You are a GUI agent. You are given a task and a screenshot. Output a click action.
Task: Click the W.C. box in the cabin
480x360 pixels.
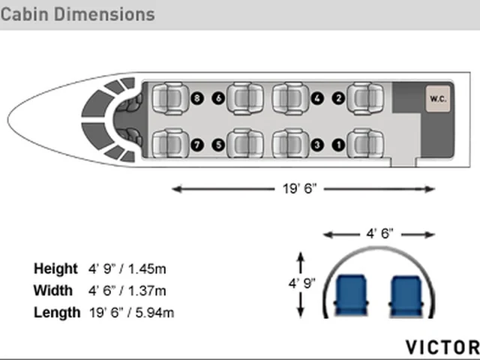coord(438,98)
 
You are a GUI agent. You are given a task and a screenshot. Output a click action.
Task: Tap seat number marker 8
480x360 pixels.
coord(196,98)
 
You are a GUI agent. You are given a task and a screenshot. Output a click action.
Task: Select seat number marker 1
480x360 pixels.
coord(338,145)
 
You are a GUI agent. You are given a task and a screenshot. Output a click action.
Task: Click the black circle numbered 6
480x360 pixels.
coord(218,98)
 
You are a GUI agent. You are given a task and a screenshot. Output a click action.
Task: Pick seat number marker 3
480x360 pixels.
coord(317,145)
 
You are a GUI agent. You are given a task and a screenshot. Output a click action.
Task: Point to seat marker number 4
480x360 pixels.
coord(317,98)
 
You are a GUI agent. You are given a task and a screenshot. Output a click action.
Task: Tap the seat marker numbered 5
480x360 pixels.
coord(218,145)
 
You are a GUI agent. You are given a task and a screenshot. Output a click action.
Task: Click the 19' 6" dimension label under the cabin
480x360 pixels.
coord(299,188)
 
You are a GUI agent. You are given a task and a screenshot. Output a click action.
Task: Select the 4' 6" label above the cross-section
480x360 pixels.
coord(379,233)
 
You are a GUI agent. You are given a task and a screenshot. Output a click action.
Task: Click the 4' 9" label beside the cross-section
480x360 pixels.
coord(301,283)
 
